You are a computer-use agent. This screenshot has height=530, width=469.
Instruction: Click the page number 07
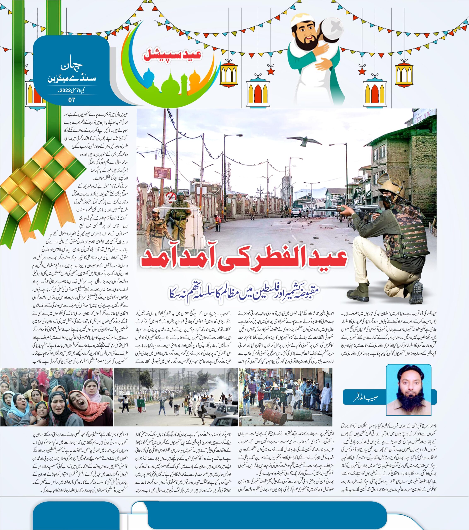[x=72, y=100]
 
